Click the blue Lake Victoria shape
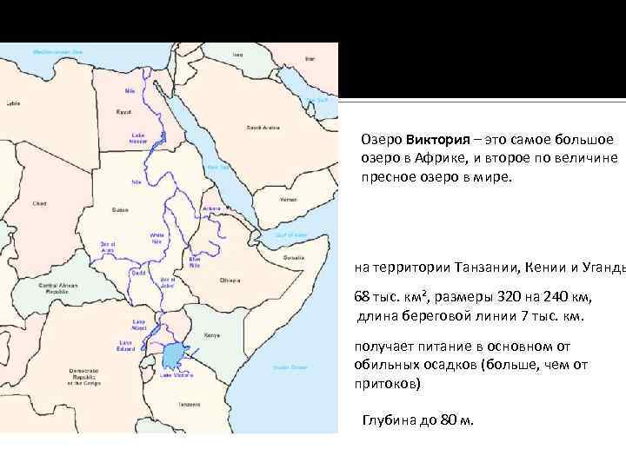174,357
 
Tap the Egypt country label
123,112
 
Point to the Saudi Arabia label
262,128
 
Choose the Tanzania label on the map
190,405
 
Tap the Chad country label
39,203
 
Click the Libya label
13,103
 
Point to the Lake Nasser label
137,138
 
